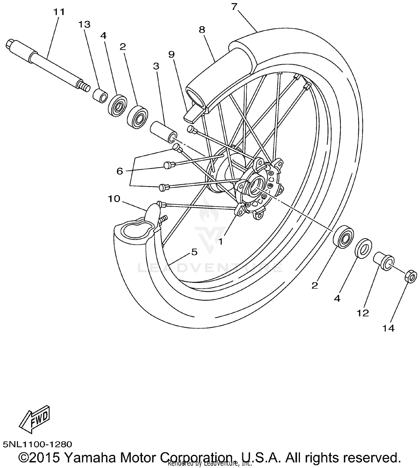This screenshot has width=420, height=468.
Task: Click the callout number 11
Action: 59,12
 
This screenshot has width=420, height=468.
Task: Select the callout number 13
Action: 84,25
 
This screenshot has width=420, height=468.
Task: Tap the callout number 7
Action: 234,7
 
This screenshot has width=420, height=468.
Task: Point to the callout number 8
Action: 202,30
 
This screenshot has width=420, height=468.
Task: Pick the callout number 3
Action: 156,66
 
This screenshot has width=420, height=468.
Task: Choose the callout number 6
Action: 120,171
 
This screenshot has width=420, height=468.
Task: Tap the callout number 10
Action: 114,199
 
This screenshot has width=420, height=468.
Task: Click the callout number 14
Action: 388,328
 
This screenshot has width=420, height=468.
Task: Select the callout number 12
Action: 363,313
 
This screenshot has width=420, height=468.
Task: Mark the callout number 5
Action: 194,252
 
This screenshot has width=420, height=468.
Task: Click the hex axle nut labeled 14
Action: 410,276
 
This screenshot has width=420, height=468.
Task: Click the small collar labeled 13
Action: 100,96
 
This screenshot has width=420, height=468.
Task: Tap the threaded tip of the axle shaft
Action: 84,86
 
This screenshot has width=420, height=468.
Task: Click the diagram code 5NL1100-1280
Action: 38,444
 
